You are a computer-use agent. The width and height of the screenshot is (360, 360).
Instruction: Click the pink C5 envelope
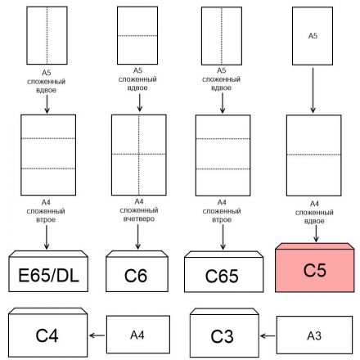click(x=314, y=269)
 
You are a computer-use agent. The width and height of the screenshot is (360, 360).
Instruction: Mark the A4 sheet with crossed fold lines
click(x=137, y=154)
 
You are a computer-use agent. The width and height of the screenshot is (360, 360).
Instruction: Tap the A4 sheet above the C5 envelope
click(x=314, y=154)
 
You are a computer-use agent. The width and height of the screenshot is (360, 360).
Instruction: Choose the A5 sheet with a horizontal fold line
click(x=137, y=36)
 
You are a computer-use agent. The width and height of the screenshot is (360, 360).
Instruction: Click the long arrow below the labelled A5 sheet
click(x=314, y=89)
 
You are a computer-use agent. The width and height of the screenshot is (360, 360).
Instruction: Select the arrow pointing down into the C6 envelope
click(x=137, y=237)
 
